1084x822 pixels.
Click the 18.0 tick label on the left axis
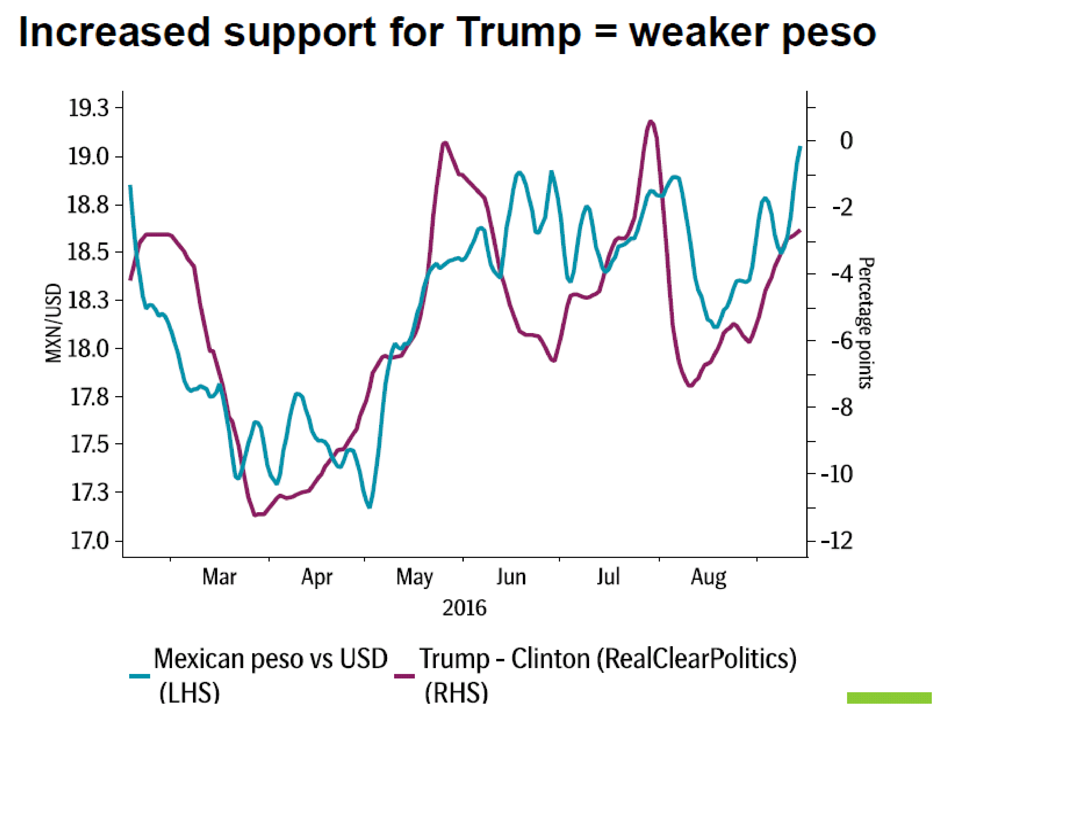tap(88, 349)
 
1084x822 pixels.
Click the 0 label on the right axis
tap(846, 141)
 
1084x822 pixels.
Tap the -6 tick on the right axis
tap(842, 341)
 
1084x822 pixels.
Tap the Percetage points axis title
tap(866, 323)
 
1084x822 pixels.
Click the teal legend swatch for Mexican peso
tap(140, 676)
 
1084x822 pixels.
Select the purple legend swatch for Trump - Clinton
tap(405, 676)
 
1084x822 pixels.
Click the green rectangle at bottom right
tap(889, 698)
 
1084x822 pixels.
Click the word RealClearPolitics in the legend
tap(696, 659)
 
